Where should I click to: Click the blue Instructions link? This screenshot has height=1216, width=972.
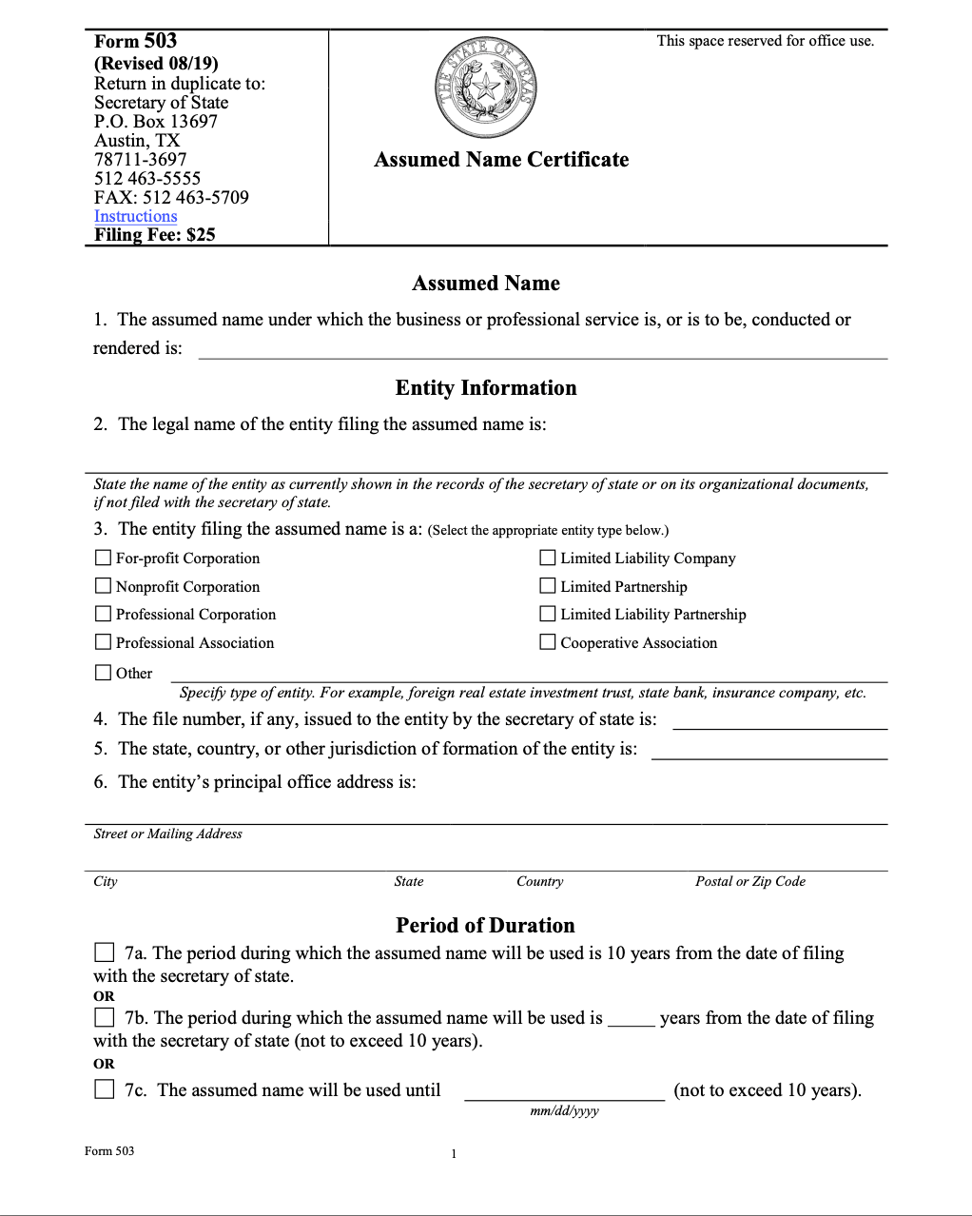point(135,216)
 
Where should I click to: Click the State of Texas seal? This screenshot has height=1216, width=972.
point(486,88)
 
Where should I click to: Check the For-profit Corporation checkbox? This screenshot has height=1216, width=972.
point(103,558)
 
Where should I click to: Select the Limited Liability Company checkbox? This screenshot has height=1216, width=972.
point(548,558)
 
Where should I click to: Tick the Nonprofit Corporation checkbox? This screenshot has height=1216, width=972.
point(103,586)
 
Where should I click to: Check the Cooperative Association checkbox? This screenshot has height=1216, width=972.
point(548,642)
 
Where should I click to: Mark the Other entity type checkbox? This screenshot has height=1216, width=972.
point(103,673)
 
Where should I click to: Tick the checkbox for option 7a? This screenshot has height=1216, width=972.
point(105,952)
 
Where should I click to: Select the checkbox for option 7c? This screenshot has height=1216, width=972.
point(105,1089)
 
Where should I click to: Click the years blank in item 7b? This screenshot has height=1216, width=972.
point(631,1018)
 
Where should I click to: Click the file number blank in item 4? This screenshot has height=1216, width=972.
point(779,719)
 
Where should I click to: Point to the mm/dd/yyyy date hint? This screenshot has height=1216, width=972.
point(564,1110)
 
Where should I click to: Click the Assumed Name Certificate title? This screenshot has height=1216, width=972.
point(501,160)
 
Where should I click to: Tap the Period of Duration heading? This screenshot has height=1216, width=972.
point(485,926)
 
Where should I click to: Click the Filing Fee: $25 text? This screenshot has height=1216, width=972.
point(155,235)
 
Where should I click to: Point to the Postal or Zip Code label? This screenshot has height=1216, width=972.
point(749,881)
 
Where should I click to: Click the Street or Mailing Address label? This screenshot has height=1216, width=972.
point(167,834)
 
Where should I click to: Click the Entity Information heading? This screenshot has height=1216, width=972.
point(486,388)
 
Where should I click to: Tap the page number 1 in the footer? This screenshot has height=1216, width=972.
point(454,1154)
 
